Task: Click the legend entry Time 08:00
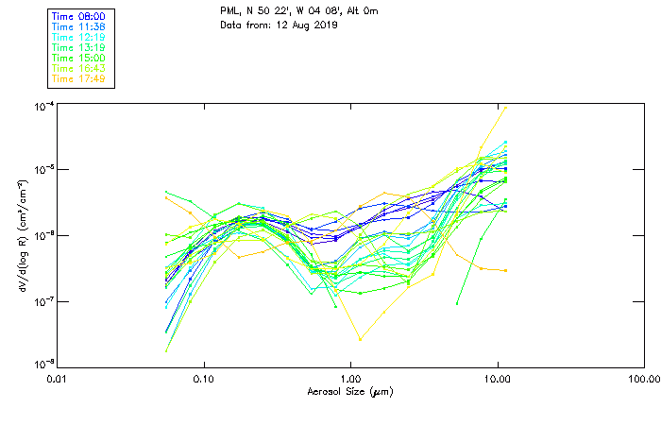[78, 17]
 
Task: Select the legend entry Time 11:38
[78, 27]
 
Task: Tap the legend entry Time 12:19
[78, 38]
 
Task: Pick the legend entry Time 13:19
[78, 48]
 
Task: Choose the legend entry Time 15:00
[78, 59]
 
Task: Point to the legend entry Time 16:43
[78, 69]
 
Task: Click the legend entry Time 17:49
[78, 79]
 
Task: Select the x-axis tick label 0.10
[204, 380]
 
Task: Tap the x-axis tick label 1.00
[350, 380]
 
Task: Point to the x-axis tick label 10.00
[497, 380]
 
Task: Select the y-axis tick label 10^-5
[42, 170]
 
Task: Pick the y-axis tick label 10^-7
[42, 301]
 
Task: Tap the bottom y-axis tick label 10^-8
[42, 365]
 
